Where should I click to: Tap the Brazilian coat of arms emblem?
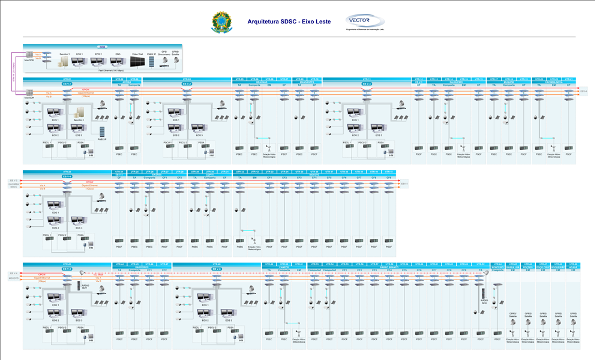click(221, 22)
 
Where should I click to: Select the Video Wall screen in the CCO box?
click(137, 61)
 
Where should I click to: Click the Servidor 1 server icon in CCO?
click(65, 61)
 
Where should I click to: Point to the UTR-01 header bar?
click(67, 79)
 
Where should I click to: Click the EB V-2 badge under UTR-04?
click(187, 83)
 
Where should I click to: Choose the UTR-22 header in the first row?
click(554, 79)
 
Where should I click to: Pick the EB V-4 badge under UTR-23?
click(67, 176)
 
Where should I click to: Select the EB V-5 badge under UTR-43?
click(67, 269)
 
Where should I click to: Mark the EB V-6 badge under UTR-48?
click(217, 269)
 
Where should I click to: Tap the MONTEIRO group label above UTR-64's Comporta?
click(497, 267)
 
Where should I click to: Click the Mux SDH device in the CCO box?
click(29, 55)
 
